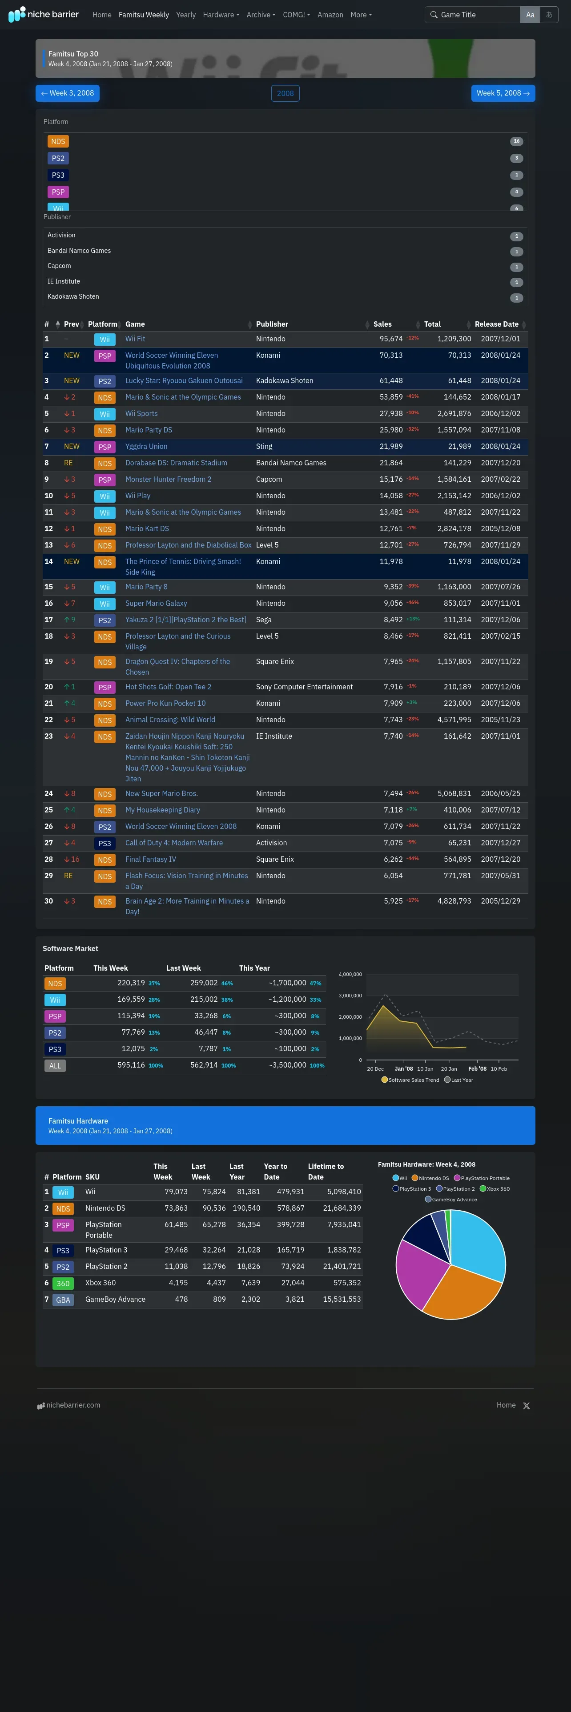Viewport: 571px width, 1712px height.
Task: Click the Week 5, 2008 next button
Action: [503, 93]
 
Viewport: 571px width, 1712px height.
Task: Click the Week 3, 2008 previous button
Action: [67, 93]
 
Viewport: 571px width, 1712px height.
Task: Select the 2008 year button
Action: [285, 93]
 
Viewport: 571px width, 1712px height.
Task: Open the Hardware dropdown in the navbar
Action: [221, 15]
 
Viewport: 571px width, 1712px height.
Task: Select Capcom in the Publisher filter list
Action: [59, 266]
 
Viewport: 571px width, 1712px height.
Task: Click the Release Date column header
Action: [497, 324]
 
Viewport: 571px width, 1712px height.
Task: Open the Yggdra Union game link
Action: [146, 447]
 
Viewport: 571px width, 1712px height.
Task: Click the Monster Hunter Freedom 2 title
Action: [168, 479]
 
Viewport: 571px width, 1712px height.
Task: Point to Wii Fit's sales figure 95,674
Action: [391, 339]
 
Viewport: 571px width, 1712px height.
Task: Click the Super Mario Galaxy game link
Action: [156, 604]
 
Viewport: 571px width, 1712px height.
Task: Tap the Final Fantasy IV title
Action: [151, 859]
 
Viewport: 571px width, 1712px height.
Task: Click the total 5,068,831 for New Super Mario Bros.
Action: [454, 793]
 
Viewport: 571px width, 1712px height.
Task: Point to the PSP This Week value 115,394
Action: [131, 1016]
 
